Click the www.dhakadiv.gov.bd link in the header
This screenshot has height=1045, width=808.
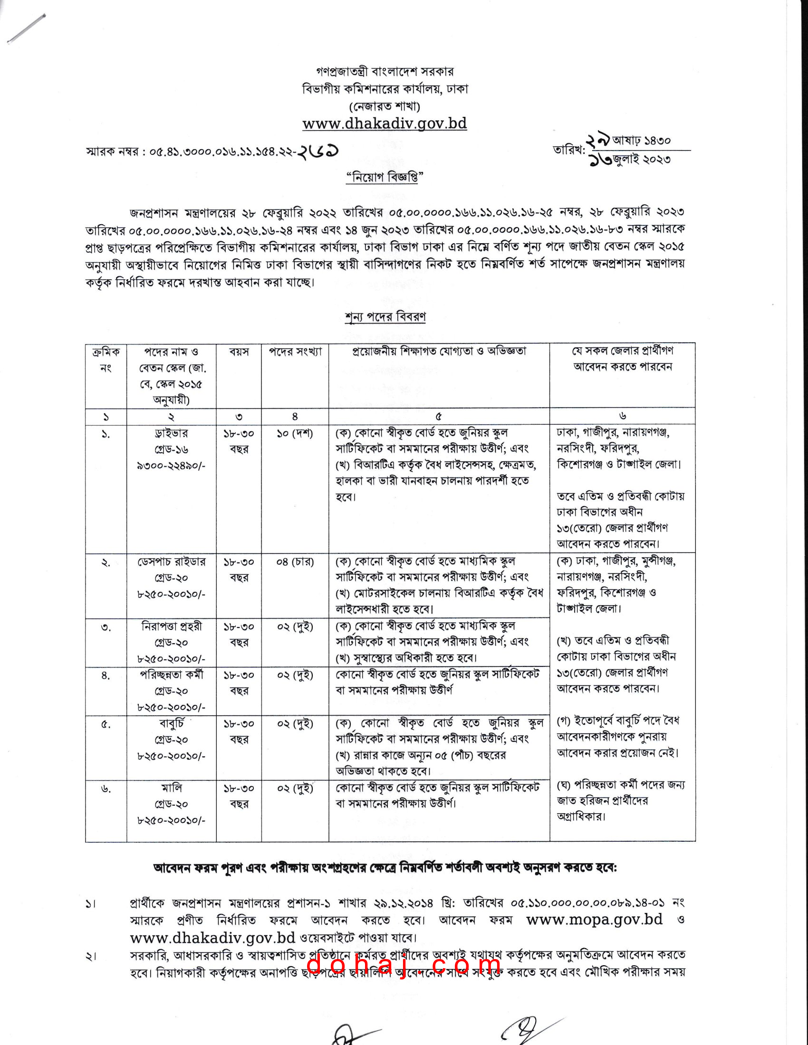385,123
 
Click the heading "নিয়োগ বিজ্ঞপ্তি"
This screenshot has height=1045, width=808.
385,178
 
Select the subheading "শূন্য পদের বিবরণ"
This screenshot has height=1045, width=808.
385,317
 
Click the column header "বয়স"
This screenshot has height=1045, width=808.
239,352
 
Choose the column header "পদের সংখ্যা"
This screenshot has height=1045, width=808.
295,352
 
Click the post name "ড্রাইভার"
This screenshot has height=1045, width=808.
172,434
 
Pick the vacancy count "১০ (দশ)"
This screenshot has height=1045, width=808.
295,434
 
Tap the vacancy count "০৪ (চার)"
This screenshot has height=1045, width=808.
295,562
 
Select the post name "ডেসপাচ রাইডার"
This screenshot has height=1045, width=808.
172,562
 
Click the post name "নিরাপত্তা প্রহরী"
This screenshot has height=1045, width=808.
172,627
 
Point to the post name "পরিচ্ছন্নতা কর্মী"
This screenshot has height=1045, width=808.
172,675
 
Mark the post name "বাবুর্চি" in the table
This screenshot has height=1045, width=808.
172,723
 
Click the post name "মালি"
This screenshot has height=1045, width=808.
172,788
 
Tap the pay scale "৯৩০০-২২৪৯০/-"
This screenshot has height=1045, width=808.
172,465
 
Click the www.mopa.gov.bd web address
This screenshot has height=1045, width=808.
594,919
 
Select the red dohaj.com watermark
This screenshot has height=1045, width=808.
403,965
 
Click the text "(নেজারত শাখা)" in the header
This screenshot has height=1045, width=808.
385,106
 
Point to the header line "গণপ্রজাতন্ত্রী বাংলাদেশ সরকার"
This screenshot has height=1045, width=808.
385,72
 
